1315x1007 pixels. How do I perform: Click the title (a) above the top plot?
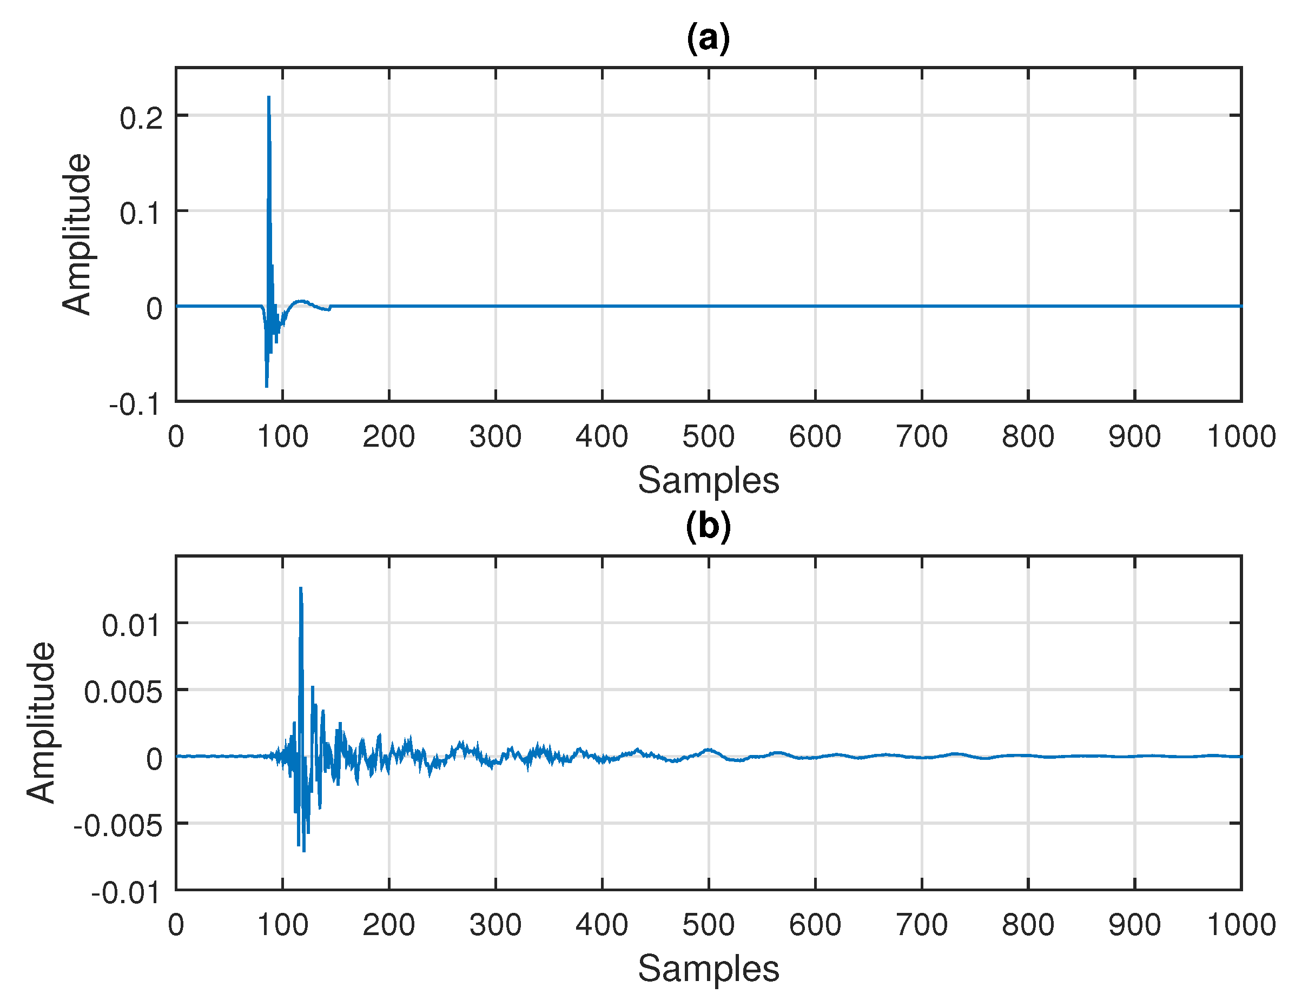tap(708, 38)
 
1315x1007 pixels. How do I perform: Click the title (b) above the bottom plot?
tap(708, 526)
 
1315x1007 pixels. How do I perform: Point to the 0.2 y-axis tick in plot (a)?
tap(141, 118)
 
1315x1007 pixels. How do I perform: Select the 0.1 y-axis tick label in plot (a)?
tap(141, 214)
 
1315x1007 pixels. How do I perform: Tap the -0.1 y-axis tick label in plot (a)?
tap(135, 405)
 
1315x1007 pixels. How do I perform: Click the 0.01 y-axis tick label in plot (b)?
tap(132, 626)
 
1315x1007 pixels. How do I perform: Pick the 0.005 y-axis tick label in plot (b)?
tap(123, 693)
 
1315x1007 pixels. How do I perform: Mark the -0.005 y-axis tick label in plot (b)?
tap(117, 826)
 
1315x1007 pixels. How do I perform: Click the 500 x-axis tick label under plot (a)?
tap(709, 436)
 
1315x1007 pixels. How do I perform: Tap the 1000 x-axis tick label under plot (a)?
tap(1241, 436)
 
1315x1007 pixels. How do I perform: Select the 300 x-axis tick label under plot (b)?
tap(495, 925)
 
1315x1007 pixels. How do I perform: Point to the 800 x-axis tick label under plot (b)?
tap(1028, 925)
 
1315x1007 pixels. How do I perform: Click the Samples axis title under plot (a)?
tap(709, 480)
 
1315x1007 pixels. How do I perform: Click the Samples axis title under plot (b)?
tap(709, 969)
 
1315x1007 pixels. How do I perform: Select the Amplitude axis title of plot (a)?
tap(77, 234)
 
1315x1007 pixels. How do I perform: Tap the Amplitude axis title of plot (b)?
tap(41, 723)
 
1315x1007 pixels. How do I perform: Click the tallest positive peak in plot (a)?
tap(268, 98)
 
